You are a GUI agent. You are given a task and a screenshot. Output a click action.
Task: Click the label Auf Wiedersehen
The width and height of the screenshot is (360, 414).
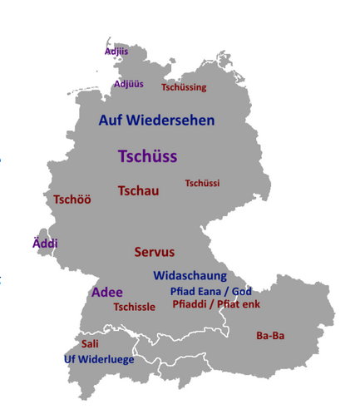click(x=156, y=121)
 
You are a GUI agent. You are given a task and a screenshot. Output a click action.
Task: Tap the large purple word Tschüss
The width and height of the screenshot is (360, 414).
click(x=148, y=156)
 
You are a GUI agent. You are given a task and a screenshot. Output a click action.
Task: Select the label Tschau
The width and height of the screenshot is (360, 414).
click(x=138, y=190)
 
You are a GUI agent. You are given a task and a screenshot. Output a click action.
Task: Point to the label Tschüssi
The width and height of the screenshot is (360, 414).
click(x=202, y=183)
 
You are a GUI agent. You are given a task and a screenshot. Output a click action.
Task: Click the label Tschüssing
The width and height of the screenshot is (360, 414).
click(x=184, y=87)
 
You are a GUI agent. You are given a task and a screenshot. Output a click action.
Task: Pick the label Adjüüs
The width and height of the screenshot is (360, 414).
click(x=128, y=83)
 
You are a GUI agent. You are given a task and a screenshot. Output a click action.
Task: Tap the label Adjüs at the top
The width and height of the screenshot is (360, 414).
click(x=116, y=52)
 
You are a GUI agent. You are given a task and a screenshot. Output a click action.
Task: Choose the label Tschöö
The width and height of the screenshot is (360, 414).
click(x=72, y=200)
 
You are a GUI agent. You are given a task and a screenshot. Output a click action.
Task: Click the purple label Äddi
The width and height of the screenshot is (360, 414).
click(x=45, y=244)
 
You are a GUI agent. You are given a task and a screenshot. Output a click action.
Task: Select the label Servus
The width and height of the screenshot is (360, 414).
click(x=155, y=252)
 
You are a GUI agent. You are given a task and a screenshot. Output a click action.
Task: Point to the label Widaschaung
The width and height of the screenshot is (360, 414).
click(x=190, y=275)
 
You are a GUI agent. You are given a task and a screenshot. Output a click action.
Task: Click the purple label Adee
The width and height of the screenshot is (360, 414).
click(x=106, y=293)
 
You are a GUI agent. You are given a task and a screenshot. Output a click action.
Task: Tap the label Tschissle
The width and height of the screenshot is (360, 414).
click(x=134, y=307)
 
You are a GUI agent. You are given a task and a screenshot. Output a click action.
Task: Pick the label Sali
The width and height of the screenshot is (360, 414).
click(x=90, y=343)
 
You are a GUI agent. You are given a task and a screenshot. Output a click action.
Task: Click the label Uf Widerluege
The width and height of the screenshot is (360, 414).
click(x=97, y=359)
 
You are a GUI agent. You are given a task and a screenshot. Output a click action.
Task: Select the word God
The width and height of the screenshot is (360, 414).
click(x=242, y=291)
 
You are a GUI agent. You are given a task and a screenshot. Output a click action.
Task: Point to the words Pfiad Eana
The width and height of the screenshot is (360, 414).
click(x=197, y=291)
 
